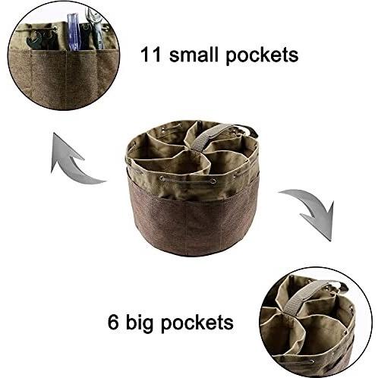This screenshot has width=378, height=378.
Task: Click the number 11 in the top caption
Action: point(151,55)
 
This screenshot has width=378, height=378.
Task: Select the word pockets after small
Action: point(262,56)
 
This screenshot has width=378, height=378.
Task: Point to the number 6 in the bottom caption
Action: point(113,322)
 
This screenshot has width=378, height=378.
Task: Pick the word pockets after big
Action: point(197,323)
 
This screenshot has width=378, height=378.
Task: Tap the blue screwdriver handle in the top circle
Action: point(74,32)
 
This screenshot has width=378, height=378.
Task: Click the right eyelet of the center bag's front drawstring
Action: point(213,181)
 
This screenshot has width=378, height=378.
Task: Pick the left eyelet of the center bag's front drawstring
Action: point(162,179)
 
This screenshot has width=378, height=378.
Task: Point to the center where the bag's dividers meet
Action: point(197,150)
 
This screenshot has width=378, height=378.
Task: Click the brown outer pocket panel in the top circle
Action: point(63,78)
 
